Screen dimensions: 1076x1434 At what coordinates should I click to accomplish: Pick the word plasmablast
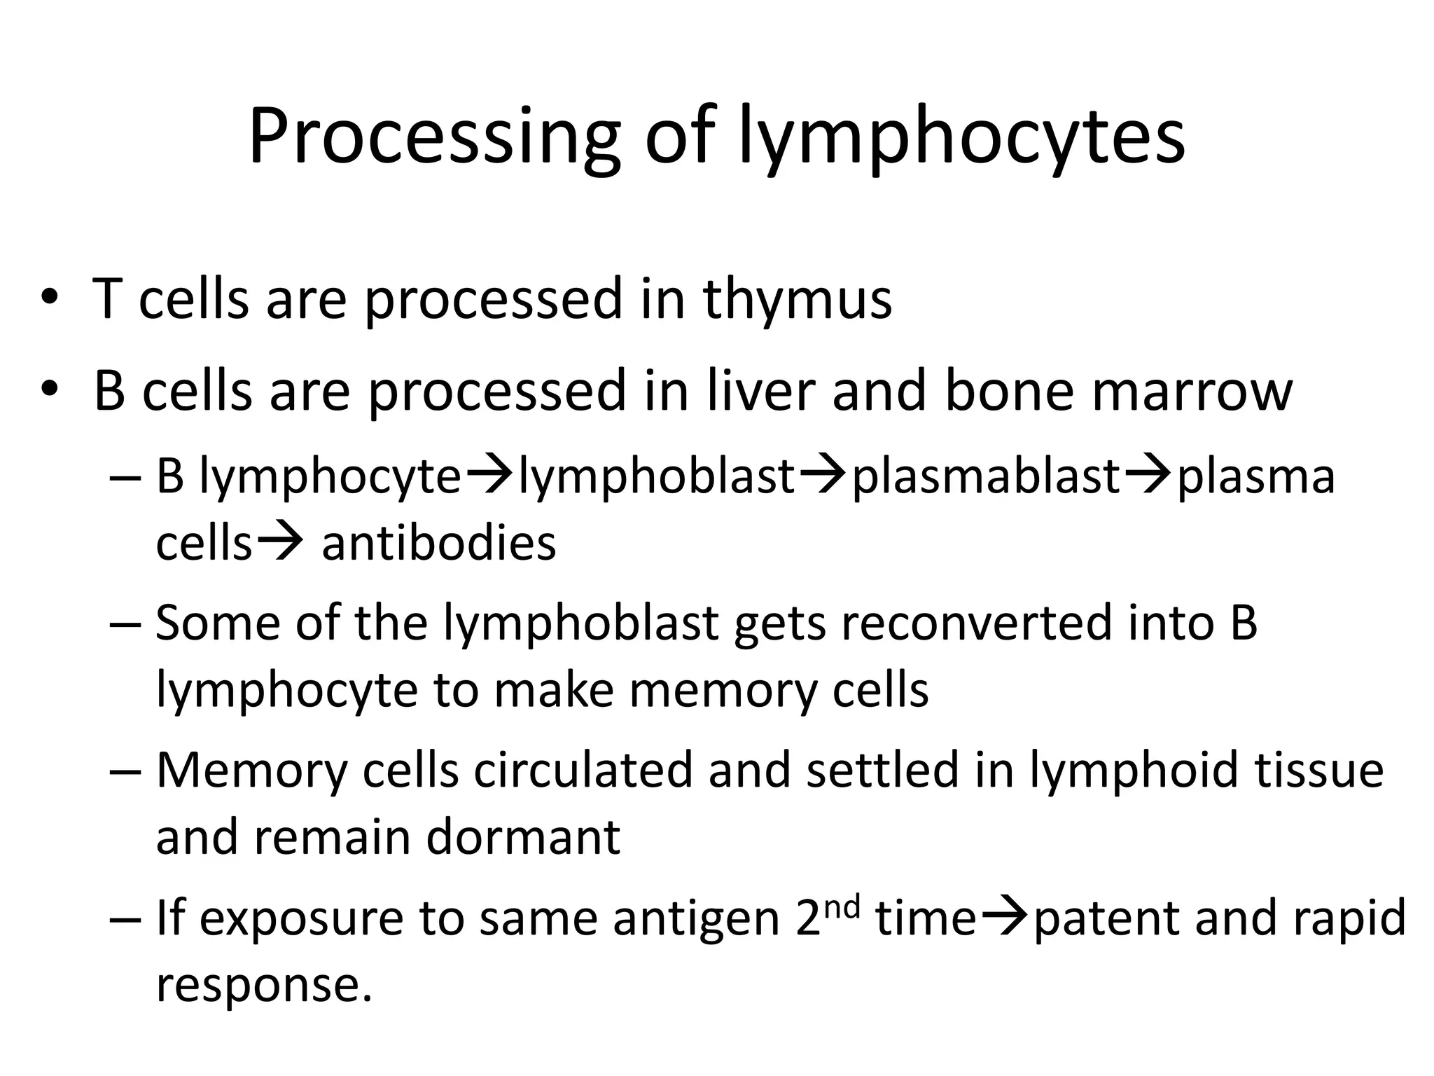point(986,476)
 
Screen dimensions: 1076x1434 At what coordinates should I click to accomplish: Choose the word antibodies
point(439,543)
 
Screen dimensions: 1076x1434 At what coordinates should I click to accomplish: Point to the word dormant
point(523,836)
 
